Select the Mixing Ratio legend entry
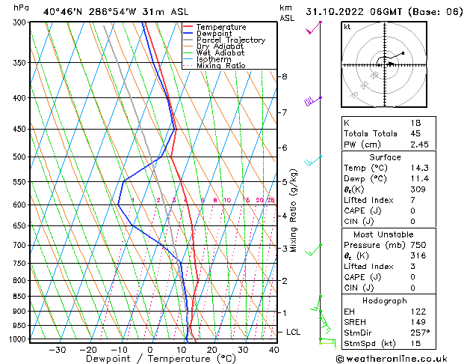[221, 66]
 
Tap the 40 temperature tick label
[273, 350]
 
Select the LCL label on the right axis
[294, 332]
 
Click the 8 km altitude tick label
[284, 76]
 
